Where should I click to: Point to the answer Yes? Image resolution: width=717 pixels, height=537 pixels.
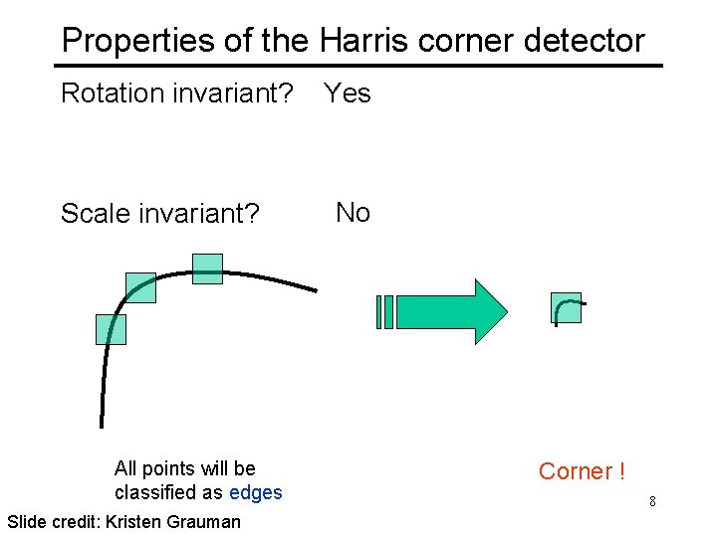click(x=348, y=93)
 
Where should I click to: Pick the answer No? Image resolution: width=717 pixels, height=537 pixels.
click(x=353, y=212)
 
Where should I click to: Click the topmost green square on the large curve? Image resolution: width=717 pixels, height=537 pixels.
click(x=207, y=268)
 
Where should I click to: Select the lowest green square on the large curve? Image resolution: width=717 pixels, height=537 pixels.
click(x=111, y=329)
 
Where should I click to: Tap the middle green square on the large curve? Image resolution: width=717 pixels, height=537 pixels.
click(x=141, y=287)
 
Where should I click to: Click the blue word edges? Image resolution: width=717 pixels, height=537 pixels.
click(x=256, y=492)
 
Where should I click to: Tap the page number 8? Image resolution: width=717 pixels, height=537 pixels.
click(x=652, y=501)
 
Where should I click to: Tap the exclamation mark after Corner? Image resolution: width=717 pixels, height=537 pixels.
click(x=621, y=471)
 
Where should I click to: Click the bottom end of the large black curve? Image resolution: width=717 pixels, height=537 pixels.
click(x=102, y=425)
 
